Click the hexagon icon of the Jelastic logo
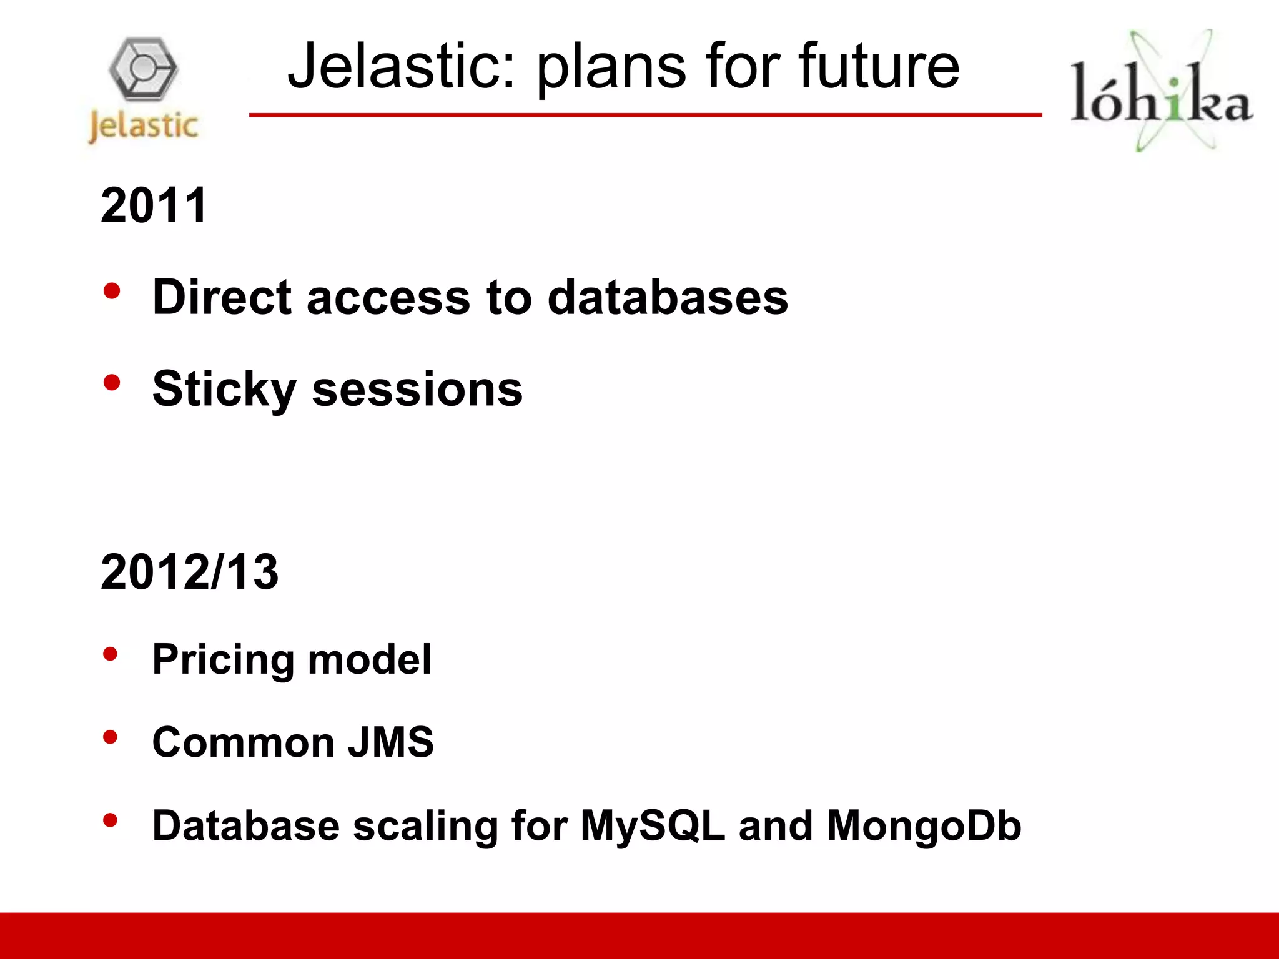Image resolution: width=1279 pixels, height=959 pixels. tap(144, 69)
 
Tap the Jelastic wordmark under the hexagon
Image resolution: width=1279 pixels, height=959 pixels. tap(144, 126)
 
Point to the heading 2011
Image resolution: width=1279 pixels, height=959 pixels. tap(154, 205)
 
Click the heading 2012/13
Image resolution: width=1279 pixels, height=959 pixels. tap(189, 572)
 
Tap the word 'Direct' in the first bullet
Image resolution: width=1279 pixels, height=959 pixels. tap(222, 297)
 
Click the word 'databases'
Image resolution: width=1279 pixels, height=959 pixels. tap(668, 297)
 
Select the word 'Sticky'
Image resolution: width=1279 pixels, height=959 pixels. tap(224, 390)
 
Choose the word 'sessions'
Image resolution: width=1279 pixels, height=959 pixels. tap(417, 390)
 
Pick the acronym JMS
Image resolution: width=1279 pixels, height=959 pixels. tap(390, 742)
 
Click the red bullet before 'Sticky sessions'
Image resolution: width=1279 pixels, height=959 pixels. tap(112, 382)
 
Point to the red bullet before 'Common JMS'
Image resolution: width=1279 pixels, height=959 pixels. tap(111, 737)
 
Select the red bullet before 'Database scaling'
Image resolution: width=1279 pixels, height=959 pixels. tap(111, 820)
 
